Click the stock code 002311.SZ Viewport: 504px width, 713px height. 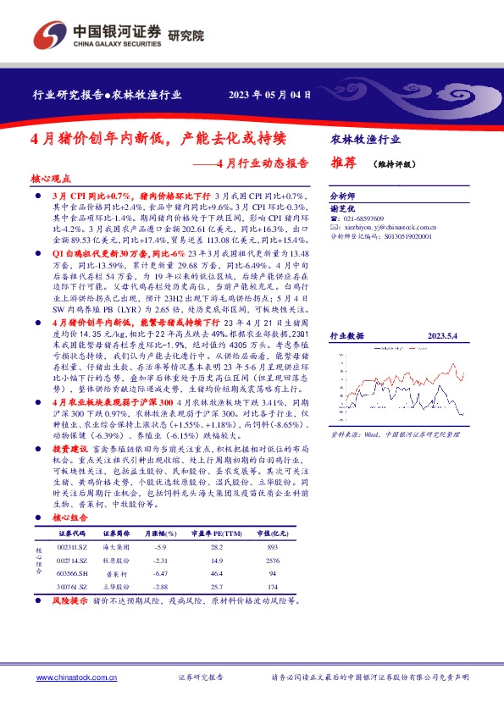(x=73, y=548)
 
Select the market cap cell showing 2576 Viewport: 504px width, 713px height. (x=272, y=561)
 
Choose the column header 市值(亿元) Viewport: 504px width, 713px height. (x=272, y=533)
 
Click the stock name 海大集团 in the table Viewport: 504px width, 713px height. (x=116, y=548)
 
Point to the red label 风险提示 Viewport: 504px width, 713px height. (x=70, y=600)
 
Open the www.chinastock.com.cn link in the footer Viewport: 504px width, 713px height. (x=77, y=677)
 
